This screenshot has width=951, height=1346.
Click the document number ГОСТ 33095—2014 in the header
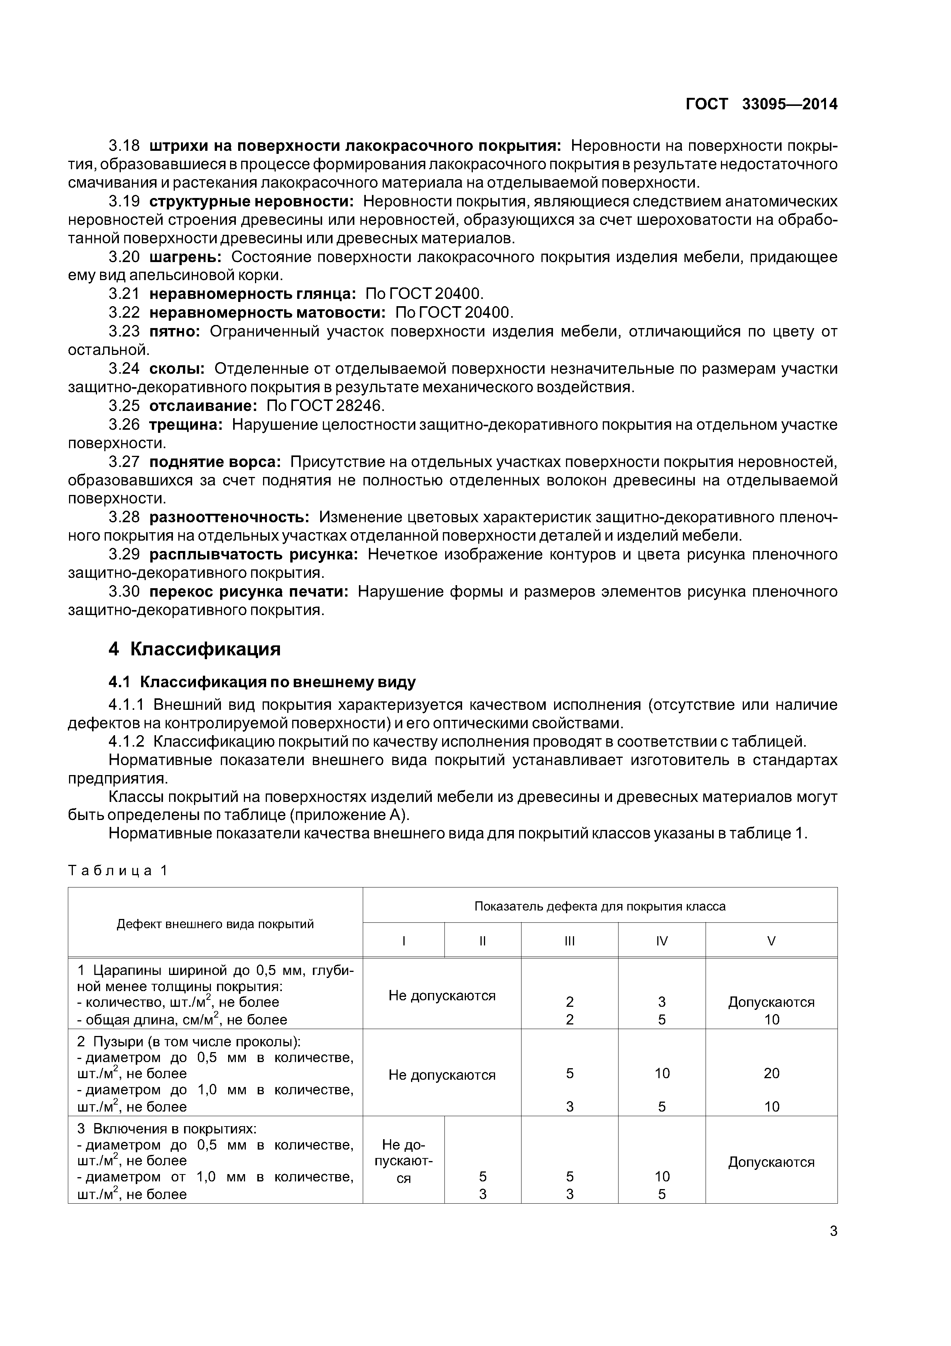point(761,104)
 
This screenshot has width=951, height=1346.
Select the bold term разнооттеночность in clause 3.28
point(229,517)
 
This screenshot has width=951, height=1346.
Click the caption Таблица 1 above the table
point(118,870)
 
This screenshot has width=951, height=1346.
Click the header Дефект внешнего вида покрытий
point(215,924)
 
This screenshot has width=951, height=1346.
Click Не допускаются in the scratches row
point(442,995)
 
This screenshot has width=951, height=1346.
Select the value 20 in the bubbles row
point(771,1074)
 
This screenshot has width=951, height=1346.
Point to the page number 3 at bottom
point(833,1231)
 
